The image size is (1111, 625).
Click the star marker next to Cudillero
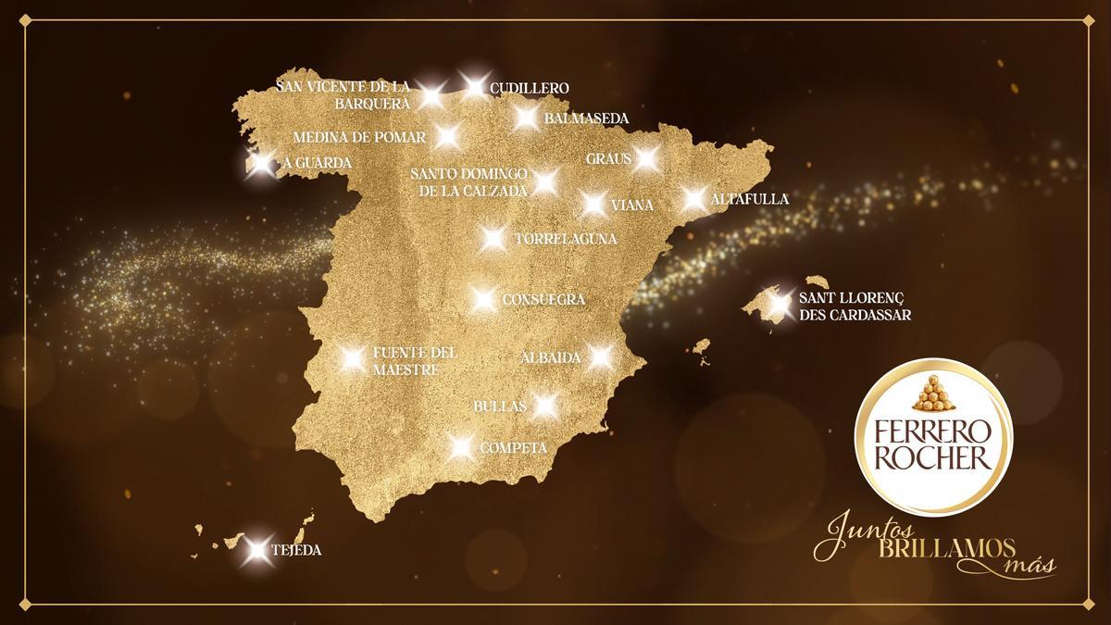(x=474, y=87)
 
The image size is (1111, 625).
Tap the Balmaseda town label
(x=586, y=119)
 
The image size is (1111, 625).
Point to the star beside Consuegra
(x=482, y=299)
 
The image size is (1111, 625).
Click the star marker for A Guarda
(x=262, y=164)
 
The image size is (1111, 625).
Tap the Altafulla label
(x=749, y=199)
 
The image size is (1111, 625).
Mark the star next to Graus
(x=646, y=158)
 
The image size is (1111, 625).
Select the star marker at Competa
(x=460, y=447)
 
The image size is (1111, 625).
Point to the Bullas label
(x=499, y=406)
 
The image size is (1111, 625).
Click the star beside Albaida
(x=600, y=356)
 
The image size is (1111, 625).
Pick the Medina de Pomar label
(x=359, y=138)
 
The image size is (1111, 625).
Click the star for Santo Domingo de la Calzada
(x=545, y=181)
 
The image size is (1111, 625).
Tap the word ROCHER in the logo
(x=934, y=456)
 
